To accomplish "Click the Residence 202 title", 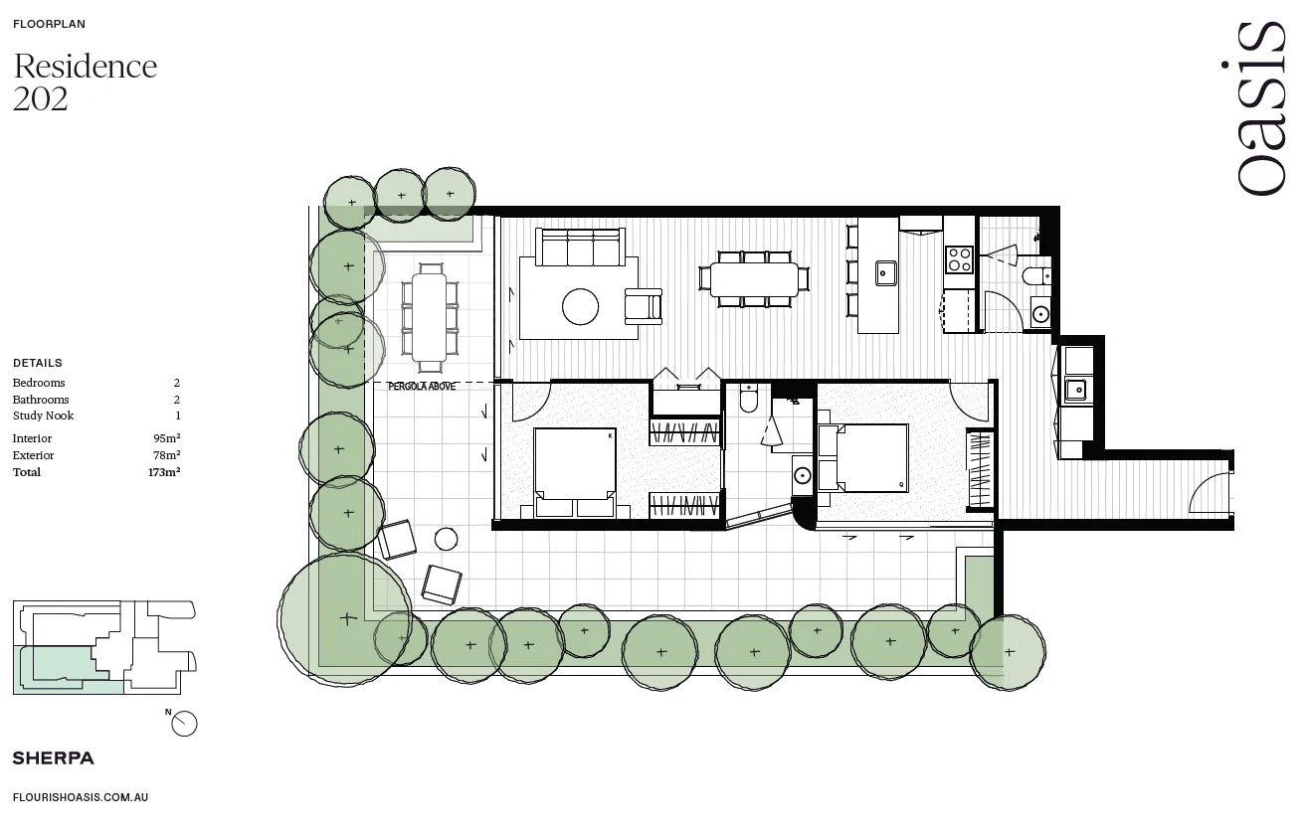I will coord(85,82).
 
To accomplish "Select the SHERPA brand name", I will coord(53,758).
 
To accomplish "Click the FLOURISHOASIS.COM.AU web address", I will coord(81,797).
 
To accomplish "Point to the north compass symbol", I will coord(184,724).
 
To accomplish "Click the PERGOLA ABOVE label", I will coord(422,387).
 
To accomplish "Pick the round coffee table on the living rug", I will coord(580,306).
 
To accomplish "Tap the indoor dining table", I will coord(753,279).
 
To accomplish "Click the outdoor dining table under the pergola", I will coord(430,317).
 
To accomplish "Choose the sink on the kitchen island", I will coord(885,272).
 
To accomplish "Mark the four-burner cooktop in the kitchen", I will coord(959,259).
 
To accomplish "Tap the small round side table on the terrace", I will coord(446,540).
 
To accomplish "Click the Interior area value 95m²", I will coord(166,438).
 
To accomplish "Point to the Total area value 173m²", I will coord(164,472).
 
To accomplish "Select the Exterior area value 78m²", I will coord(166,455).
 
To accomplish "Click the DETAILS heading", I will coord(37,363).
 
